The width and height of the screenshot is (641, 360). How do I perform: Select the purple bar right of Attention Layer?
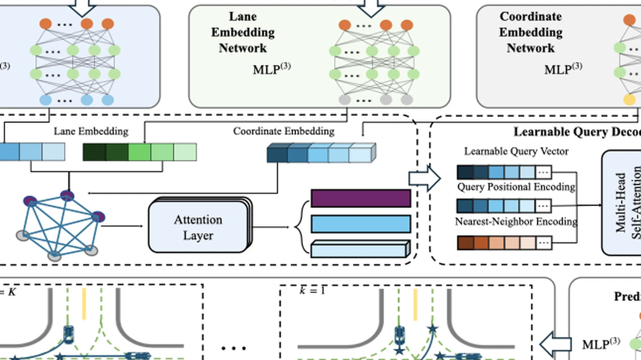[x=361, y=198]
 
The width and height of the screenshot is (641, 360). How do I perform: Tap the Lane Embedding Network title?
[x=243, y=32]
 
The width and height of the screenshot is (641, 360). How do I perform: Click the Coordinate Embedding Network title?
[x=530, y=32]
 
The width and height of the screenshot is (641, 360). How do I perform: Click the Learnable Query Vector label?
[x=516, y=151]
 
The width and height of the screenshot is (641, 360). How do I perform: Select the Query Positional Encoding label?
[x=516, y=187]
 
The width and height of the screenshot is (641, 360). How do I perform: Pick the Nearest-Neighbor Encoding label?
[x=516, y=222]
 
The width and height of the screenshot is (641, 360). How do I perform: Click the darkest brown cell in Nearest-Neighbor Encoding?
[x=465, y=243]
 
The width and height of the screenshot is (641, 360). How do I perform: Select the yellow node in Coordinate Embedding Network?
[x=629, y=100]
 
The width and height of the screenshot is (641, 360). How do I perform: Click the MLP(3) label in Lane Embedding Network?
[x=272, y=68]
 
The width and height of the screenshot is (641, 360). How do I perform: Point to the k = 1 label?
[x=313, y=290]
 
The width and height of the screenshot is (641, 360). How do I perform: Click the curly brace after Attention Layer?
[x=298, y=228]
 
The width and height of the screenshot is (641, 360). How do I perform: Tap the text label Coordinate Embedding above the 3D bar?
[x=283, y=132]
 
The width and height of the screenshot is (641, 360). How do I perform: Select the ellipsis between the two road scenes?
[x=233, y=348]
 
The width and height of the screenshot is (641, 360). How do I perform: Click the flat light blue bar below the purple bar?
[x=361, y=224]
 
